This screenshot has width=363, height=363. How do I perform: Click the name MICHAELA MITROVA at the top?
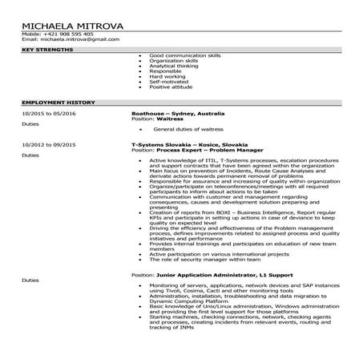pos(73,26)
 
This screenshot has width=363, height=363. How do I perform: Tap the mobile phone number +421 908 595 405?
pos(68,34)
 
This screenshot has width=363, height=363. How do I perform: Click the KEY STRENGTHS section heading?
pos(46,50)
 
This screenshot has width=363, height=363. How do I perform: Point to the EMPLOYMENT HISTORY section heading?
pos(58,103)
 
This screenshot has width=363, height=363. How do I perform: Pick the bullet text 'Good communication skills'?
pos(184,56)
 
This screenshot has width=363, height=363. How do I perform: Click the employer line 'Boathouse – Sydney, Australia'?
pos(178,114)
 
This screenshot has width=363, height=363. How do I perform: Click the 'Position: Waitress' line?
pos(156,119)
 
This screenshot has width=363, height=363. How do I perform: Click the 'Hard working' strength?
pos(167,76)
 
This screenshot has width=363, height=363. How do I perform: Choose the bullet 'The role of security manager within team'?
pos(200,260)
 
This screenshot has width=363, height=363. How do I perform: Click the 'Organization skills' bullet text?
pos(173,61)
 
